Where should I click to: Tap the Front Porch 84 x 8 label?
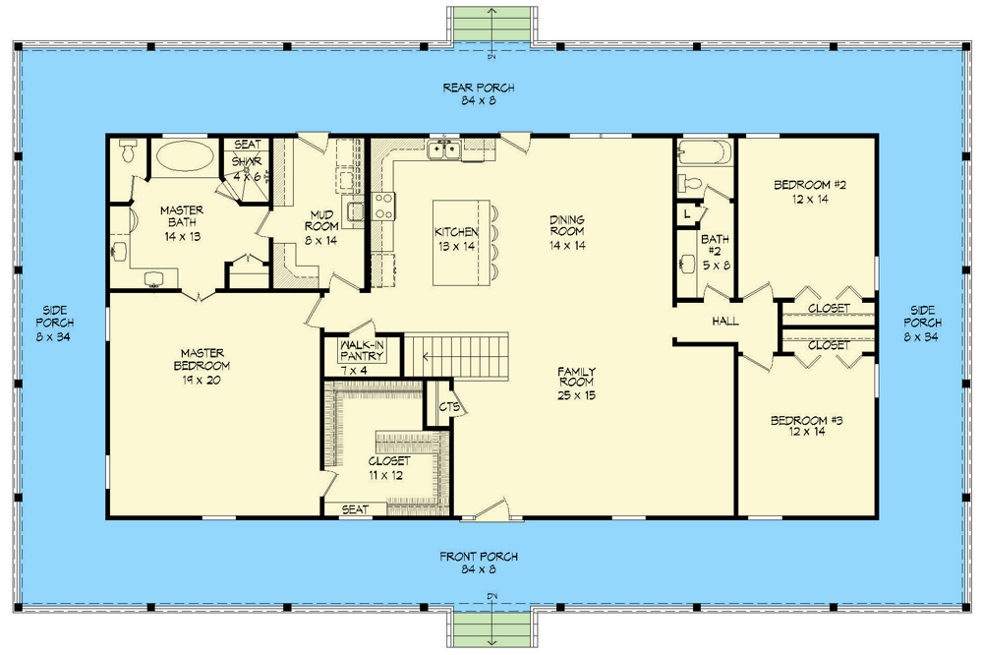coord(479,563)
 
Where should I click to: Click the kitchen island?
coord(461,243)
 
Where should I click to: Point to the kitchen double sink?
coord(444,150)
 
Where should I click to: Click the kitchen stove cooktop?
coord(383,207)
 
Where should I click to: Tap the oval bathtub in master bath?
coord(185,156)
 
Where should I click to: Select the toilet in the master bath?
coord(127,150)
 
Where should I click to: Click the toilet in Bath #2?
coord(690,184)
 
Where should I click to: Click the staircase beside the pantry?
coord(456,356)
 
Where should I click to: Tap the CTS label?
coord(449,406)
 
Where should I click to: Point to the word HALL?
coord(725,322)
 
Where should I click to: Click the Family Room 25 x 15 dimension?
coord(576,395)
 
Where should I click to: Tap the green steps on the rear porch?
coord(492,24)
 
